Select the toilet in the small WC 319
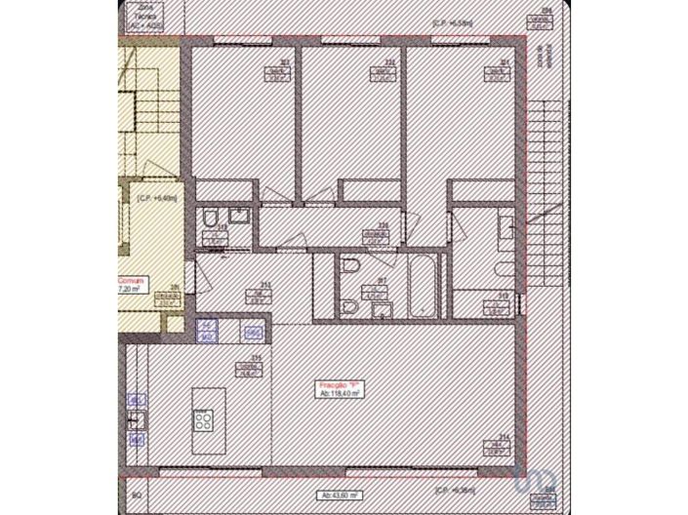(x=211, y=219)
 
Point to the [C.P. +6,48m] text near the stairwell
(x=156, y=197)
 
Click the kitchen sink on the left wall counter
(x=138, y=420)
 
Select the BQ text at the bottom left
(x=137, y=495)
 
